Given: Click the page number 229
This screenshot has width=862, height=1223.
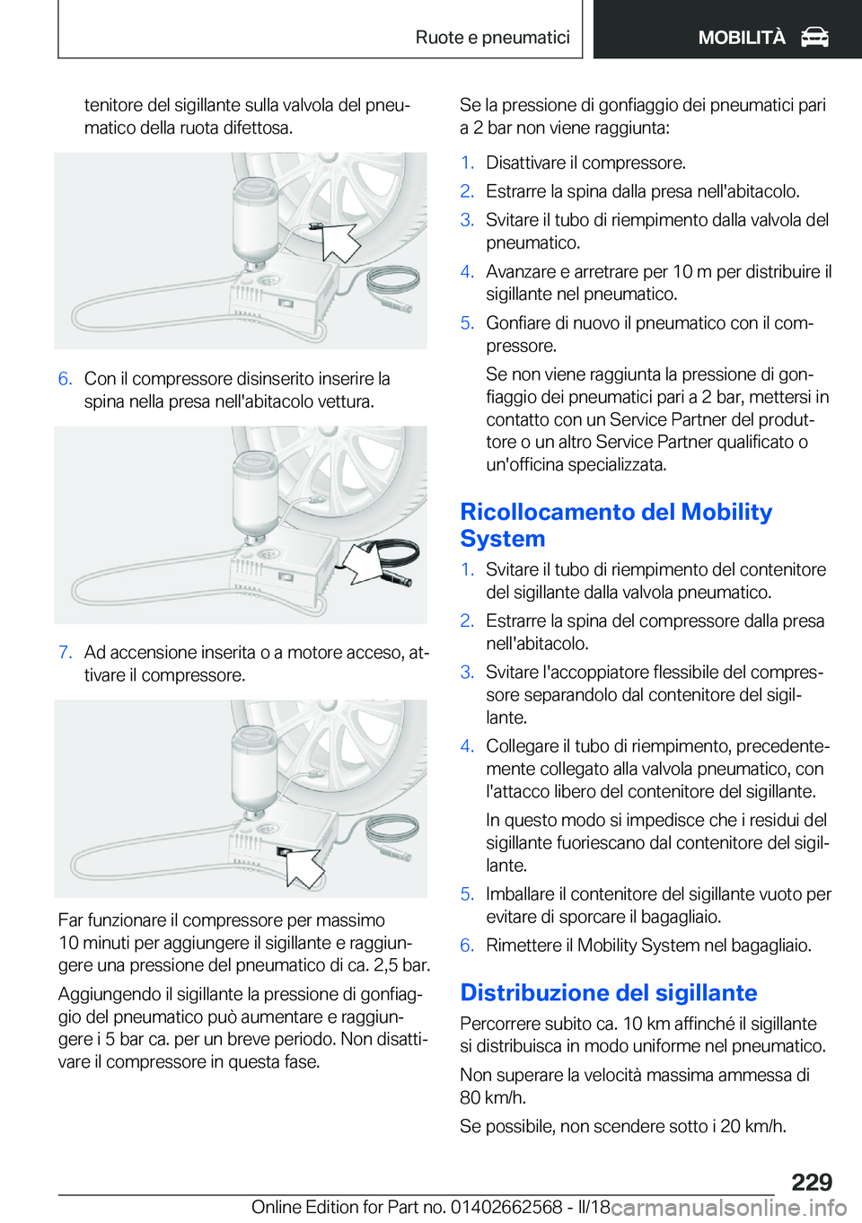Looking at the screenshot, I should [x=812, y=1182].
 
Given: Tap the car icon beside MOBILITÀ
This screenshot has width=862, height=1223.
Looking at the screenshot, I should [x=814, y=38].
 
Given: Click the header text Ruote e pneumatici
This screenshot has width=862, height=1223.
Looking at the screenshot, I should [x=492, y=38].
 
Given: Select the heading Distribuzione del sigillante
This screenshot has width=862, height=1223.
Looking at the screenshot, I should [x=608, y=992].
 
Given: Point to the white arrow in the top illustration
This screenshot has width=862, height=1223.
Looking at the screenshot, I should [x=338, y=241].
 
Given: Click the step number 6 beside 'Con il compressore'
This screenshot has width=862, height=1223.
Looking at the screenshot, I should [x=65, y=379].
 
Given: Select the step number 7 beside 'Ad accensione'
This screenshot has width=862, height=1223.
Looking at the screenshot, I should [x=65, y=653].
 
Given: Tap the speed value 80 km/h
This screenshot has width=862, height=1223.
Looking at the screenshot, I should [x=492, y=1097].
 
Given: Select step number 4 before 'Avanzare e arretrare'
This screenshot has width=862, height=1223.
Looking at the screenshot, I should [x=467, y=272].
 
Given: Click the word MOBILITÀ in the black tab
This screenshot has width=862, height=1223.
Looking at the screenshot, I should [x=741, y=38].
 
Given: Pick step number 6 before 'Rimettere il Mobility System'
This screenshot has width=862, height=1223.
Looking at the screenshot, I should [x=467, y=946].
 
